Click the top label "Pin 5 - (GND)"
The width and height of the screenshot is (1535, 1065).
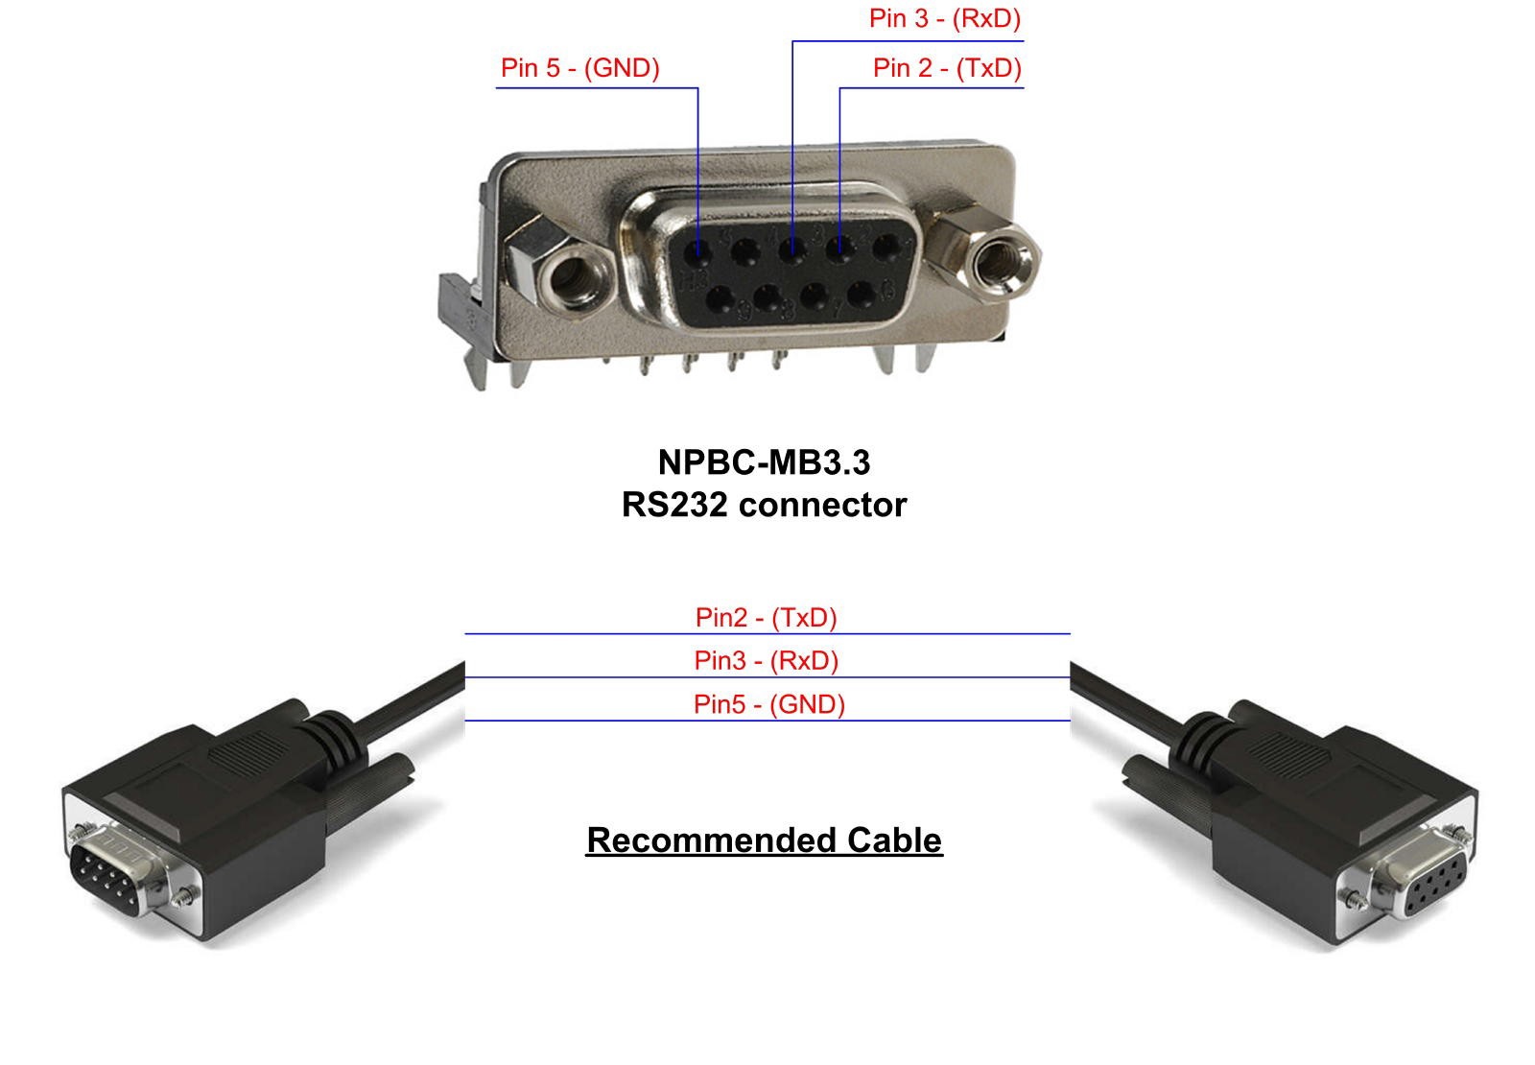click(x=579, y=68)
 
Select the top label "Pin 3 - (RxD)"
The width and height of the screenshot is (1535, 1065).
click(x=944, y=18)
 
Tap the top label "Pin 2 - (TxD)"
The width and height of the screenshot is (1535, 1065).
click(x=947, y=68)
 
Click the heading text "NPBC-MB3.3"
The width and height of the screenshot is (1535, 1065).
click(x=764, y=462)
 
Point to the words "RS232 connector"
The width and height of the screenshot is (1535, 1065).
click(x=764, y=505)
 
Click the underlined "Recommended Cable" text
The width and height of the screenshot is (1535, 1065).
click(x=764, y=840)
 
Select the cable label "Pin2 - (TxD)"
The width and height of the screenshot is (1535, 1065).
click(x=766, y=617)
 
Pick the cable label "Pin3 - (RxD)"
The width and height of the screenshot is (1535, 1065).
click(x=766, y=660)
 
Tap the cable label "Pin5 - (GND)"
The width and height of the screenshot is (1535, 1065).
click(x=768, y=704)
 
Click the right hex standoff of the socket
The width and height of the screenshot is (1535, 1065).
click(x=997, y=258)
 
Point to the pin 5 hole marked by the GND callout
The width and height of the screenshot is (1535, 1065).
click(x=698, y=254)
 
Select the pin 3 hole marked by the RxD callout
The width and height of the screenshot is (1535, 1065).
click(x=791, y=252)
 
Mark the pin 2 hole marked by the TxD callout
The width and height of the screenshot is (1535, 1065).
click(x=839, y=250)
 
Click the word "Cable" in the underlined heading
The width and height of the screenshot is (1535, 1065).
click(x=894, y=840)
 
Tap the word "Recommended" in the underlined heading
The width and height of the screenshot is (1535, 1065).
click(x=711, y=840)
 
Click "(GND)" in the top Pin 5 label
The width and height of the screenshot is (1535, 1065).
click(x=621, y=68)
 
